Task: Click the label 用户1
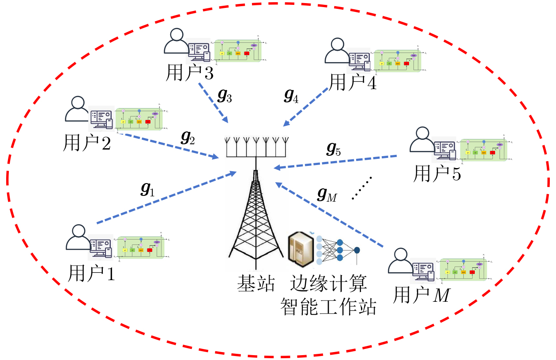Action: pos(91,274)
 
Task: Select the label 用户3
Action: pos(189,72)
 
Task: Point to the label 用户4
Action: pos(353,82)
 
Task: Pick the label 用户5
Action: pos(437,174)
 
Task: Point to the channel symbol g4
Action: pos(291,96)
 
